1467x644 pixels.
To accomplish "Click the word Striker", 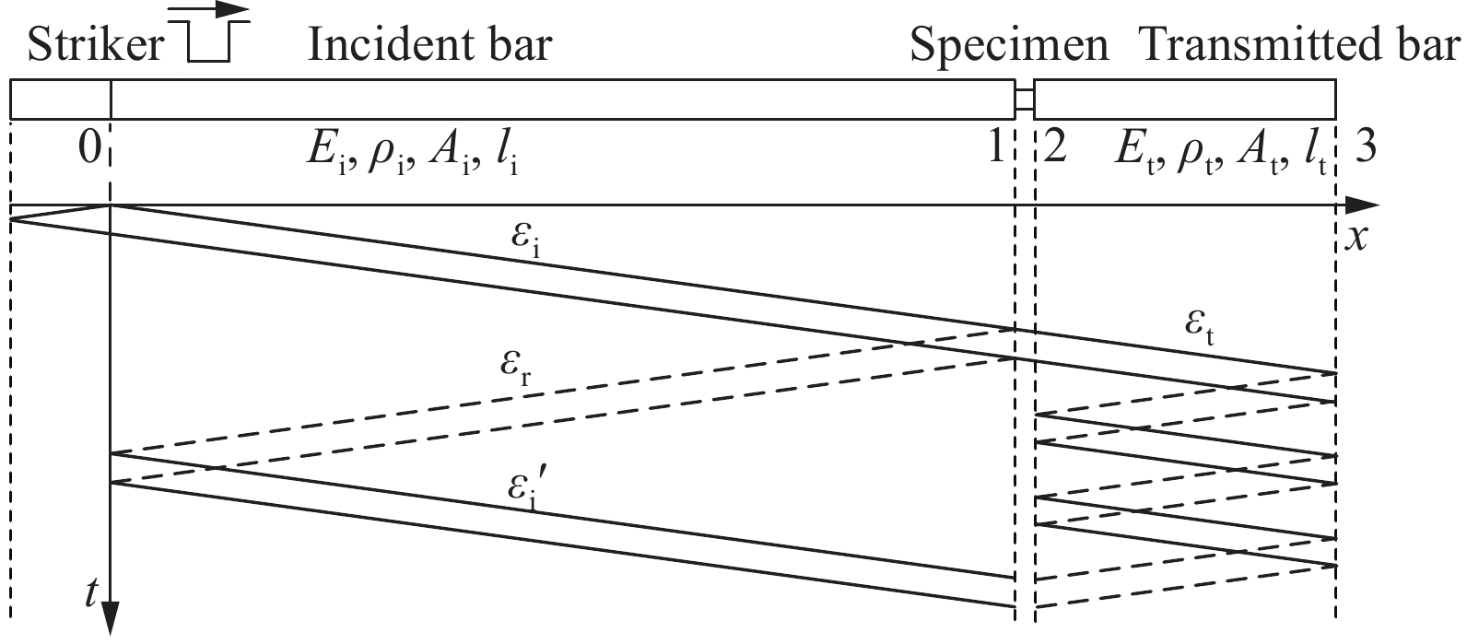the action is click(x=96, y=45).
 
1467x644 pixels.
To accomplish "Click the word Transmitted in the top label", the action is click(x=1262, y=45).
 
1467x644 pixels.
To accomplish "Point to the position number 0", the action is click(x=89, y=148).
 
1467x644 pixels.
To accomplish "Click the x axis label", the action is click(x=1356, y=239).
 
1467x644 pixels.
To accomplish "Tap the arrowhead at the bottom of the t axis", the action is click(x=111, y=618).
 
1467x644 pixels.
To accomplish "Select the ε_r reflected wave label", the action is click(x=516, y=369).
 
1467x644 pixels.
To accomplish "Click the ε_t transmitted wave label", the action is click(x=1200, y=329).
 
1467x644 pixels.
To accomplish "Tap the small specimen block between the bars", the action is click(x=1025, y=100).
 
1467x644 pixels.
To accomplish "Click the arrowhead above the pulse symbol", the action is click(x=232, y=9).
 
